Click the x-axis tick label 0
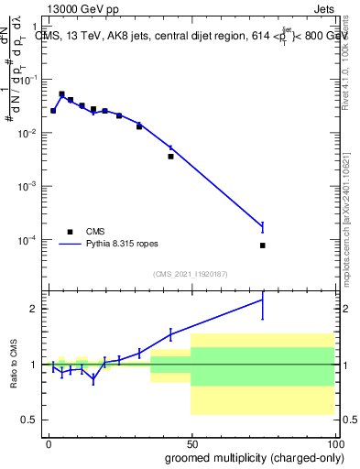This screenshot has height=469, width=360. [49, 443]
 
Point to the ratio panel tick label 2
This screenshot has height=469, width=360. [35, 309]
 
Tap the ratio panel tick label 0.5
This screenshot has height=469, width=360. [31, 420]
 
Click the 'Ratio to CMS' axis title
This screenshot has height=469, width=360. [13, 364]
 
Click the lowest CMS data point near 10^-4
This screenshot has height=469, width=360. [262, 245]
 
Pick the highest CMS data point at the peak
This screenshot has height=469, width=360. [61, 94]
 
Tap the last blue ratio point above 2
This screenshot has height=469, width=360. [262, 300]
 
